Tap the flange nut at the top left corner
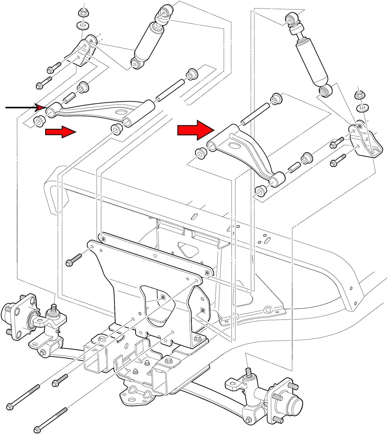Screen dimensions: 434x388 tap(83, 14)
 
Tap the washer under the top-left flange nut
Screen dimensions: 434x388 tap(83, 25)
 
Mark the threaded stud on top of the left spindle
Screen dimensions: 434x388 tap(54, 307)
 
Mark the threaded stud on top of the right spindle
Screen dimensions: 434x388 tap(248, 372)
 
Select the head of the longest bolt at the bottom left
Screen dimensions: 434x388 tap(9, 406)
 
